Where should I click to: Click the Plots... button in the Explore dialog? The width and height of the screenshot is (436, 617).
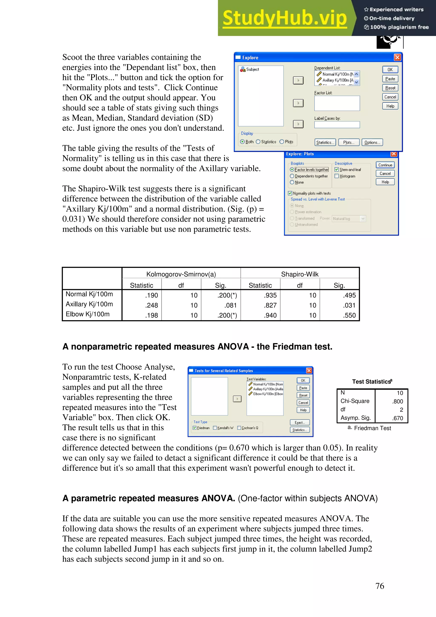(349, 142)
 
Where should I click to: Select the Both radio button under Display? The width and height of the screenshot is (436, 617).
(242, 142)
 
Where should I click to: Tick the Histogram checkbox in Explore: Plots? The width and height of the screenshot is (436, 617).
(337, 176)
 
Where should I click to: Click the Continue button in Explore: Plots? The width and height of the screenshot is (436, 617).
(385, 165)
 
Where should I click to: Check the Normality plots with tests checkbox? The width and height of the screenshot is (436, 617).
(290, 193)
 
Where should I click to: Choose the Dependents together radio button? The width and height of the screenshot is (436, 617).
(292, 176)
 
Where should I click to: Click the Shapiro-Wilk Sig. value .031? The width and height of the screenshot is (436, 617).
(349, 305)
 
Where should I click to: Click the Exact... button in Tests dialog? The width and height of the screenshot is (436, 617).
(300, 422)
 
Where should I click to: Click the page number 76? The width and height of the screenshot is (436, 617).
(380, 586)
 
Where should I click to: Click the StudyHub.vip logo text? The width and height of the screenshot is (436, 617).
(284, 18)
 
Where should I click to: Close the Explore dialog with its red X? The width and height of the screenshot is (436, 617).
(397, 57)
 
